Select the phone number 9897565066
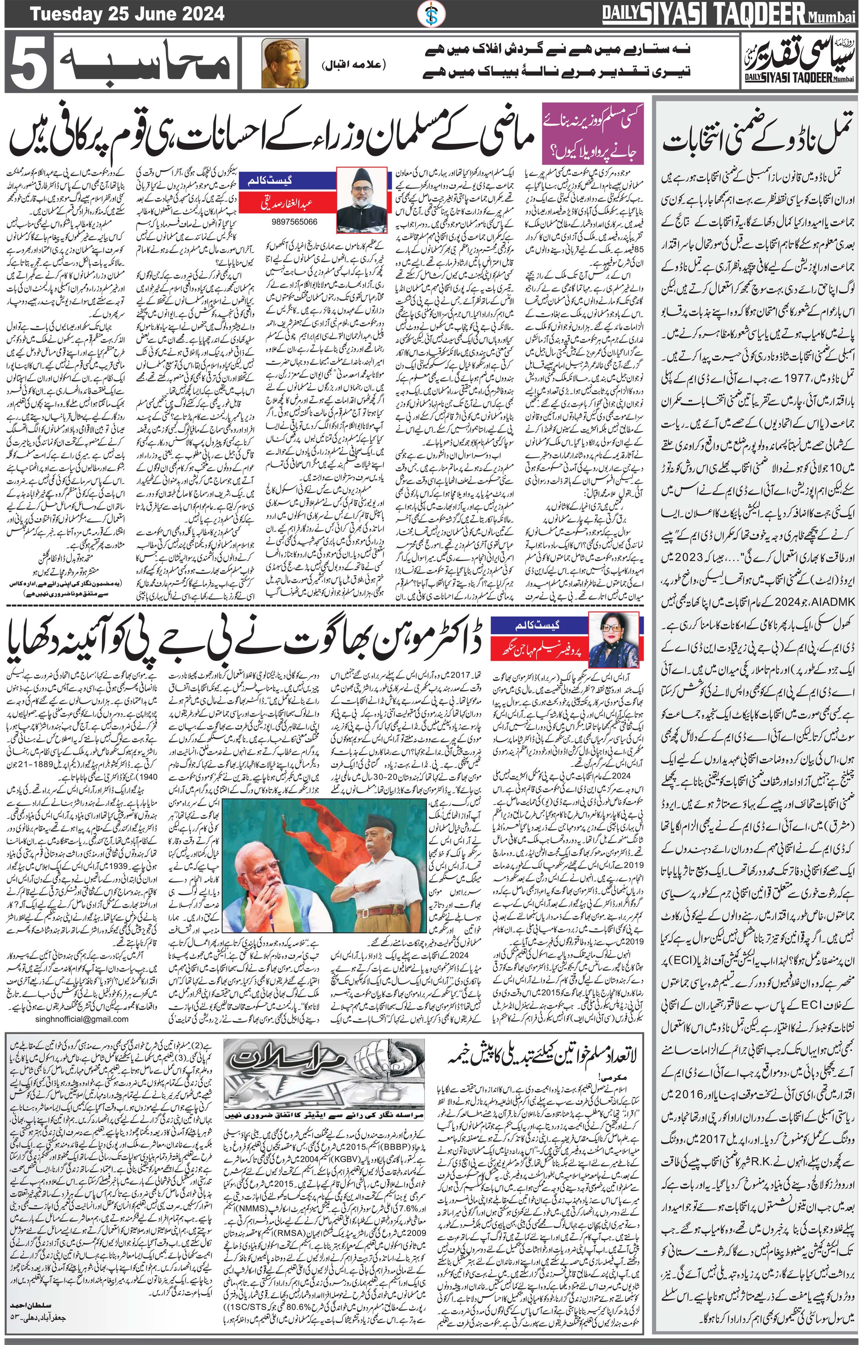tap(294, 221)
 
